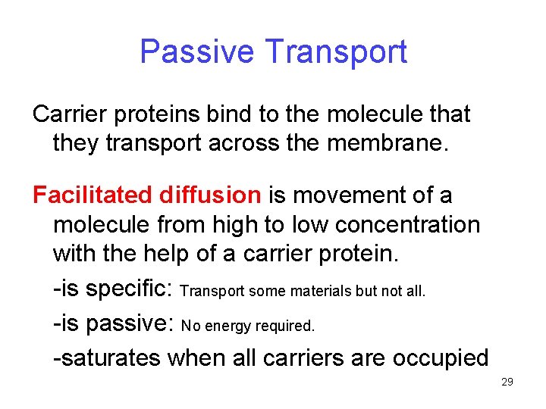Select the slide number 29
point(507,382)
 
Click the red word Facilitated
point(93,195)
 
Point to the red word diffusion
point(210,195)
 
